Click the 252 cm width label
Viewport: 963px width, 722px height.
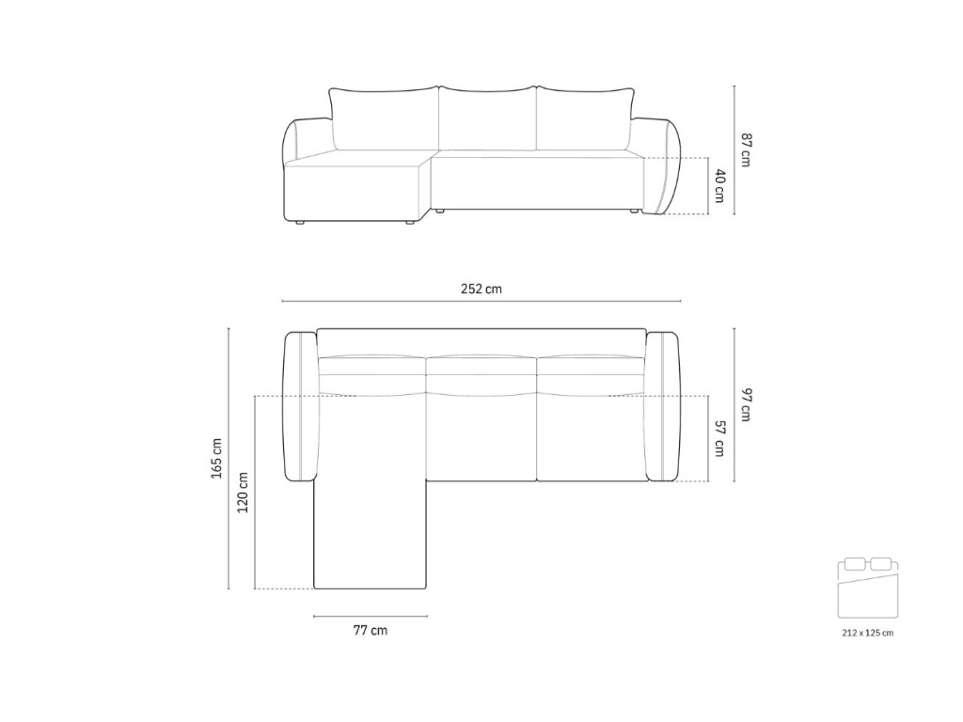click(x=481, y=289)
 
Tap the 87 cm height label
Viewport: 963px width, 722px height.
click(x=746, y=149)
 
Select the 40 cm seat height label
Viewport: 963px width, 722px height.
click(x=719, y=186)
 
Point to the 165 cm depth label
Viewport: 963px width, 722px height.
click(x=217, y=458)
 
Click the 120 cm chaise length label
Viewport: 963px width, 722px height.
click(x=243, y=493)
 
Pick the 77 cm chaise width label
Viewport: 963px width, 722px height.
click(x=371, y=630)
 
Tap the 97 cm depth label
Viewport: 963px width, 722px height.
click(x=746, y=405)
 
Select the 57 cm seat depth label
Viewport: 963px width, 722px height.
click(x=719, y=439)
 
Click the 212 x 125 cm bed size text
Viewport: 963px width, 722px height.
click(x=868, y=633)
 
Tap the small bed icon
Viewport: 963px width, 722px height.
click(x=868, y=588)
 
